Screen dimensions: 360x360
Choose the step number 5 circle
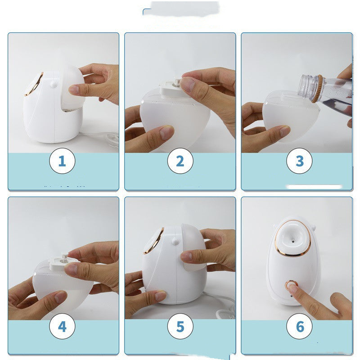(x=180, y=326)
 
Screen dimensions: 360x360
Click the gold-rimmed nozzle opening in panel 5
(x=153, y=241)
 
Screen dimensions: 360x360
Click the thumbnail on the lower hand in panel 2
(x=166, y=132)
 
